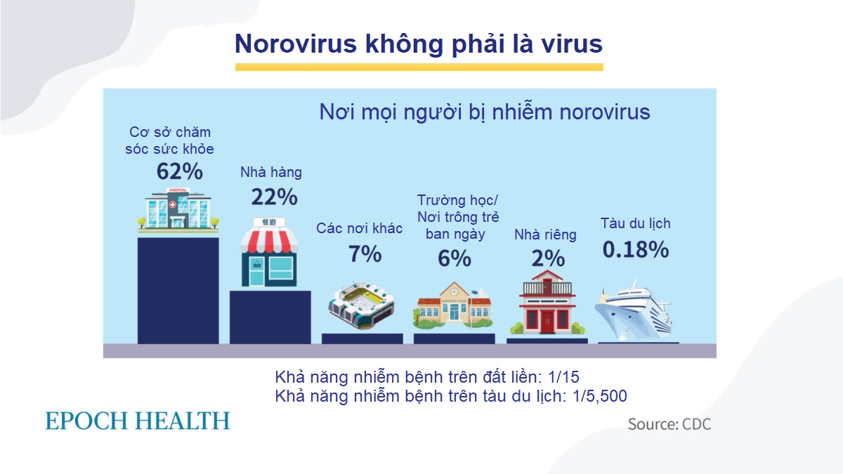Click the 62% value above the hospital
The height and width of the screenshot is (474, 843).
click(180, 171)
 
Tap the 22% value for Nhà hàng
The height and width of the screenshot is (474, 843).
click(275, 197)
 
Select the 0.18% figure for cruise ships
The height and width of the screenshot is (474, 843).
click(636, 249)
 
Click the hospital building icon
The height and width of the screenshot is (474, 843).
click(178, 209)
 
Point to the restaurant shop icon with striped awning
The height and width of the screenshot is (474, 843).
click(269, 251)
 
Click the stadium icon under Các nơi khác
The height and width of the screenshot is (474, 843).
click(362, 306)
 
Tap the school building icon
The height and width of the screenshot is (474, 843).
click(454, 305)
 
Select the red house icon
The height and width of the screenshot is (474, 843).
click(547, 303)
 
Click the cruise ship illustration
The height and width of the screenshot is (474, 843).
click(634, 310)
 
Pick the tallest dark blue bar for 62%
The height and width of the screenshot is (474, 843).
click(178, 291)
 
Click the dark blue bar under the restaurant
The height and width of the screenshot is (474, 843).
click(270, 317)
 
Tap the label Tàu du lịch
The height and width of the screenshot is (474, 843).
click(636, 223)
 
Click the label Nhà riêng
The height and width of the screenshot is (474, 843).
click(545, 235)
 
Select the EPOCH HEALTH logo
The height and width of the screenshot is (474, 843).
click(138, 421)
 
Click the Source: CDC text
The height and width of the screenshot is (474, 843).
click(669, 424)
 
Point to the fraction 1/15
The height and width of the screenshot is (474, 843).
click(563, 377)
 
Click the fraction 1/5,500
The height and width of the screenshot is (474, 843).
click(600, 396)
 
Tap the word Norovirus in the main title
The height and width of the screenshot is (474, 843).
click(296, 44)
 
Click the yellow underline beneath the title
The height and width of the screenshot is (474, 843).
click(419, 67)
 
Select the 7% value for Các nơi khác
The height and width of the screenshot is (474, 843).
click(365, 254)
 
